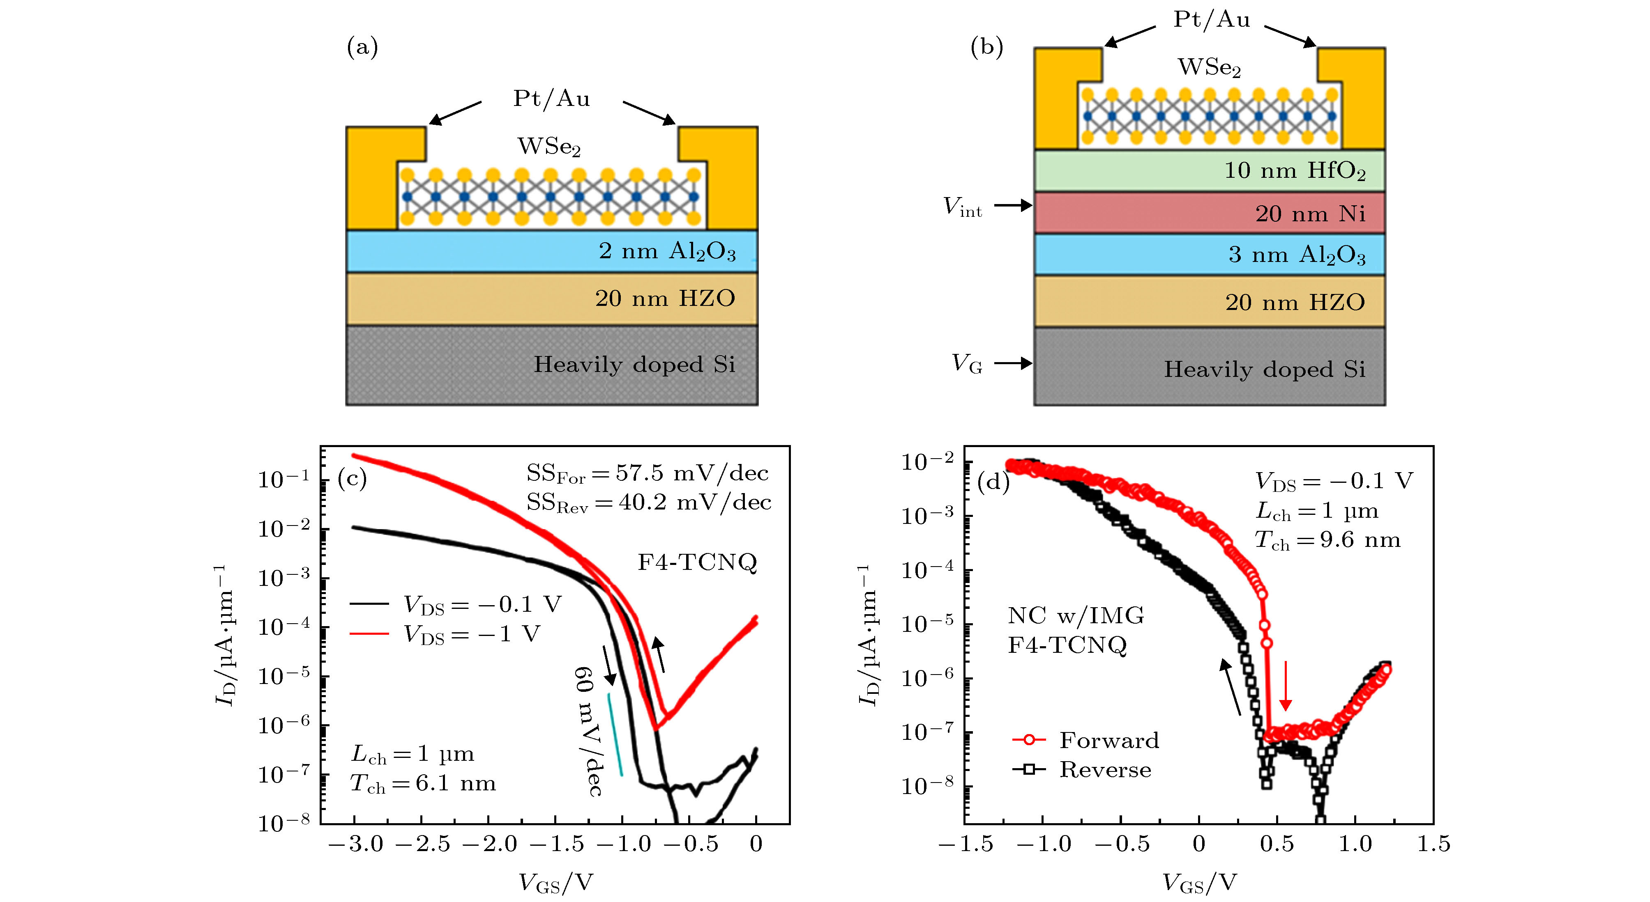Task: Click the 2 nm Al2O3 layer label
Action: click(667, 251)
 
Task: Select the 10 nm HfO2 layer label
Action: click(1295, 171)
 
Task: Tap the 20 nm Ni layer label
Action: click(1310, 213)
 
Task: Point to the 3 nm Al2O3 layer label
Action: click(1296, 255)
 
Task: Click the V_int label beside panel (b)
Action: click(962, 207)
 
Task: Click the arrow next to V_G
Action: click(1013, 363)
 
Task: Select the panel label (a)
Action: click(362, 47)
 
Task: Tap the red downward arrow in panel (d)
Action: click(1285, 686)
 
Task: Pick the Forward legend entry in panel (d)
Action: click(1086, 740)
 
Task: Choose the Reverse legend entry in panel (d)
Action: click(1082, 769)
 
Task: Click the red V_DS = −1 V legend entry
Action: click(445, 634)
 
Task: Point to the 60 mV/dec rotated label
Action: click(588, 731)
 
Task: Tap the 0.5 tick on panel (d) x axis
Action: click(1277, 844)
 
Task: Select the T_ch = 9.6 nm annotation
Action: click(1327, 540)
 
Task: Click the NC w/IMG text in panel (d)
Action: click(1076, 615)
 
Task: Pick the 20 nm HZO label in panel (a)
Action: click(665, 298)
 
